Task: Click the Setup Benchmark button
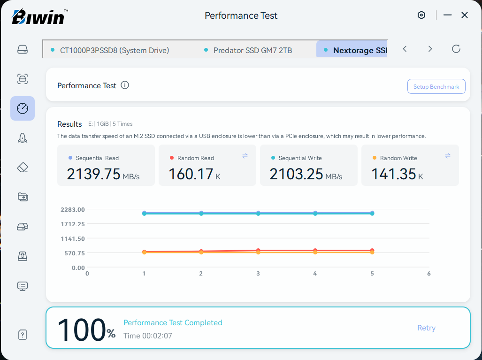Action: (x=436, y=86)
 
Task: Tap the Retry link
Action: (x=426, y=328)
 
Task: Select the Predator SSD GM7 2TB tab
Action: (x=248, y=50)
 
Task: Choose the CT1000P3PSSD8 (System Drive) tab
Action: (x=110, y=50)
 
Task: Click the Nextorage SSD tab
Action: (x=352, y=50)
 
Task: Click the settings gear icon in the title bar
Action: (x=421, y=15)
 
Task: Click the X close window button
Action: (x=465, y=15)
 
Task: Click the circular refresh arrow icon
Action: (x=456, y=49)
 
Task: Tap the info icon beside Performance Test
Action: (x=125, y=85)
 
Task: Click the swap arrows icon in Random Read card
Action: (x=245, y=156)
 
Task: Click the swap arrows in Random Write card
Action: (x=448, y=156)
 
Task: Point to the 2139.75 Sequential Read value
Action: (x=93, y=174)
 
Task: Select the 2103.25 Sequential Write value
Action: (x=296, y=174)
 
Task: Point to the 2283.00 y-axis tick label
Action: (x=73, y=210)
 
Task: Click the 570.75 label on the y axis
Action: (x=75, y=253)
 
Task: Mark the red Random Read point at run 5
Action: (x=372, y=251)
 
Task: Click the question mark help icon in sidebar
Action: (x=23, y=335)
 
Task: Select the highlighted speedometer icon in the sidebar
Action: (x=23, y=108)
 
